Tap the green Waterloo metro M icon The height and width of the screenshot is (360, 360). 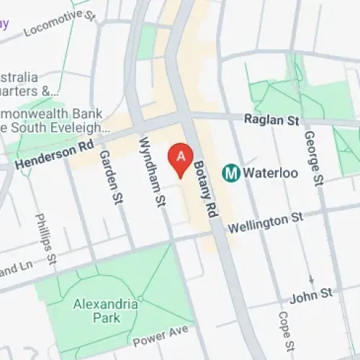tap(231, 173)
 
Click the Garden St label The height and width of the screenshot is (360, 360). tap(109, 176)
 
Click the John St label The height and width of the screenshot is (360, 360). tap(312, 295)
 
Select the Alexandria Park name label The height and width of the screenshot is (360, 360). tap(106, 311)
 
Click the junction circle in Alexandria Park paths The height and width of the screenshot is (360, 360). tap(140, 298)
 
